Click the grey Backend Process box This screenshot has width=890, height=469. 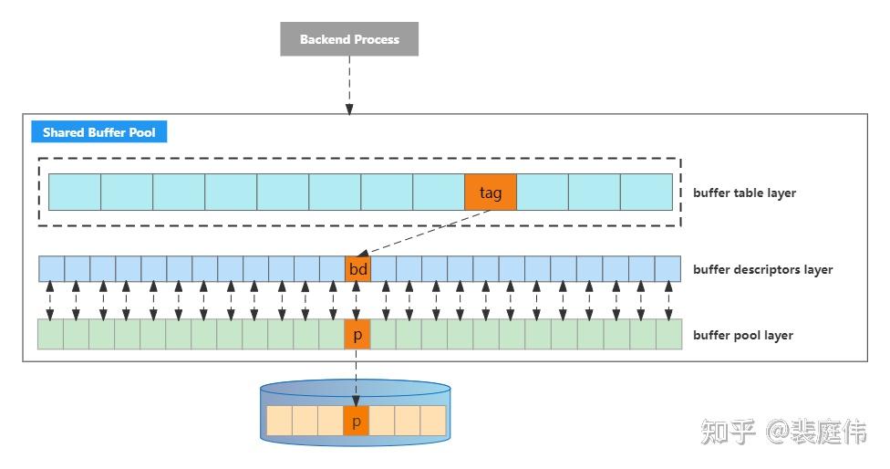click(349, 39)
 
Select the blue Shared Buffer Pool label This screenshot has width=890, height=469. click(98, 132)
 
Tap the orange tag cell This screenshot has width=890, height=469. click(491, 193)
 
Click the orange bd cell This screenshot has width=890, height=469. click(357, 269)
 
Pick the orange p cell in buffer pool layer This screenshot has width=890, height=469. click(357, 334)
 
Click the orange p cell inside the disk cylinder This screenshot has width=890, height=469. click(356, 421)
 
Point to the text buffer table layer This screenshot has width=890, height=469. click(744, 193)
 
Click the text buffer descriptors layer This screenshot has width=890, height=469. click(762, 269)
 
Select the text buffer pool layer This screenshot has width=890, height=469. click(742, 335)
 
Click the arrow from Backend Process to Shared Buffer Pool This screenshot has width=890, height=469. click(349, 86)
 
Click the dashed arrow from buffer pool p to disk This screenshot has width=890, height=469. click(356, 374)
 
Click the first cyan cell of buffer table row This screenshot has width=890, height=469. click(74, 193)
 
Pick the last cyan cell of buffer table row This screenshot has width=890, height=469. click(647, 193)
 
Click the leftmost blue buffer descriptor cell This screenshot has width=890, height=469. click(51, 269)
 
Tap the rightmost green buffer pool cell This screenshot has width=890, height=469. click(669, 334)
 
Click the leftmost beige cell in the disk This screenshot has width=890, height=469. click(278, 421)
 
